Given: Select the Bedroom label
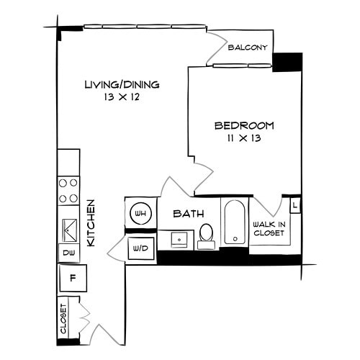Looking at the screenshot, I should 244,125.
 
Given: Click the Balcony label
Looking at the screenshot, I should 248,48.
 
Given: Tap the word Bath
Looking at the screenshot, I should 189,214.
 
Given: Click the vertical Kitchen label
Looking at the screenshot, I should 91,223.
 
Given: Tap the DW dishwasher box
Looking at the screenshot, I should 68,253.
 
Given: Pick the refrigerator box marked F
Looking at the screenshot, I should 72,276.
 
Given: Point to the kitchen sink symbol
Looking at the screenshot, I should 69,229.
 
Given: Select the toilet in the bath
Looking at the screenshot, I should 206,235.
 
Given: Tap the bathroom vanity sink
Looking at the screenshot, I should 175,239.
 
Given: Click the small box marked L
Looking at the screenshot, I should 295,205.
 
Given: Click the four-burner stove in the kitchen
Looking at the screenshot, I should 68,190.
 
